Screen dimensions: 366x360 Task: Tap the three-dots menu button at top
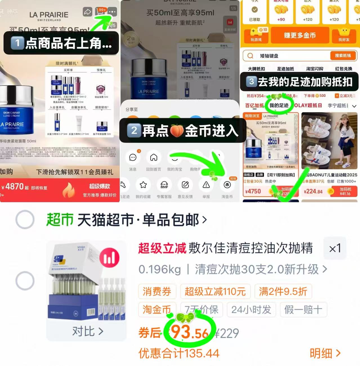click(112, 12)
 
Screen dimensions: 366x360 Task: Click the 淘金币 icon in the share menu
click(227, 185)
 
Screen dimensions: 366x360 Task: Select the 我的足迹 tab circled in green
click(279, 105)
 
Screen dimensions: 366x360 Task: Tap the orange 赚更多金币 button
click(299, 36)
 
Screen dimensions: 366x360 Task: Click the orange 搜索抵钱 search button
click(343, 56)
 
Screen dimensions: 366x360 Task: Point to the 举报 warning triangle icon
click(206, 185)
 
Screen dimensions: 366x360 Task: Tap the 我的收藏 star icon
click(143, 185)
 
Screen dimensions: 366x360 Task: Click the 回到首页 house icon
click(153, 158)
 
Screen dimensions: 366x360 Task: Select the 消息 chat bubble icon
click(133, 158)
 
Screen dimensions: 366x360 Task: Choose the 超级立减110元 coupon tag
click(215, 291)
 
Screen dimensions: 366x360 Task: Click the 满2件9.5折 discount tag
click(283, 291)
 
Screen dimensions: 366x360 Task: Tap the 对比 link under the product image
click(87, 331)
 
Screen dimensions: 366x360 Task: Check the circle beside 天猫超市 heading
click(25, 219)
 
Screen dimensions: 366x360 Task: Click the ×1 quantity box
click(335, 248)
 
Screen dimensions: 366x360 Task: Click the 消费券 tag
click(157, 291)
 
